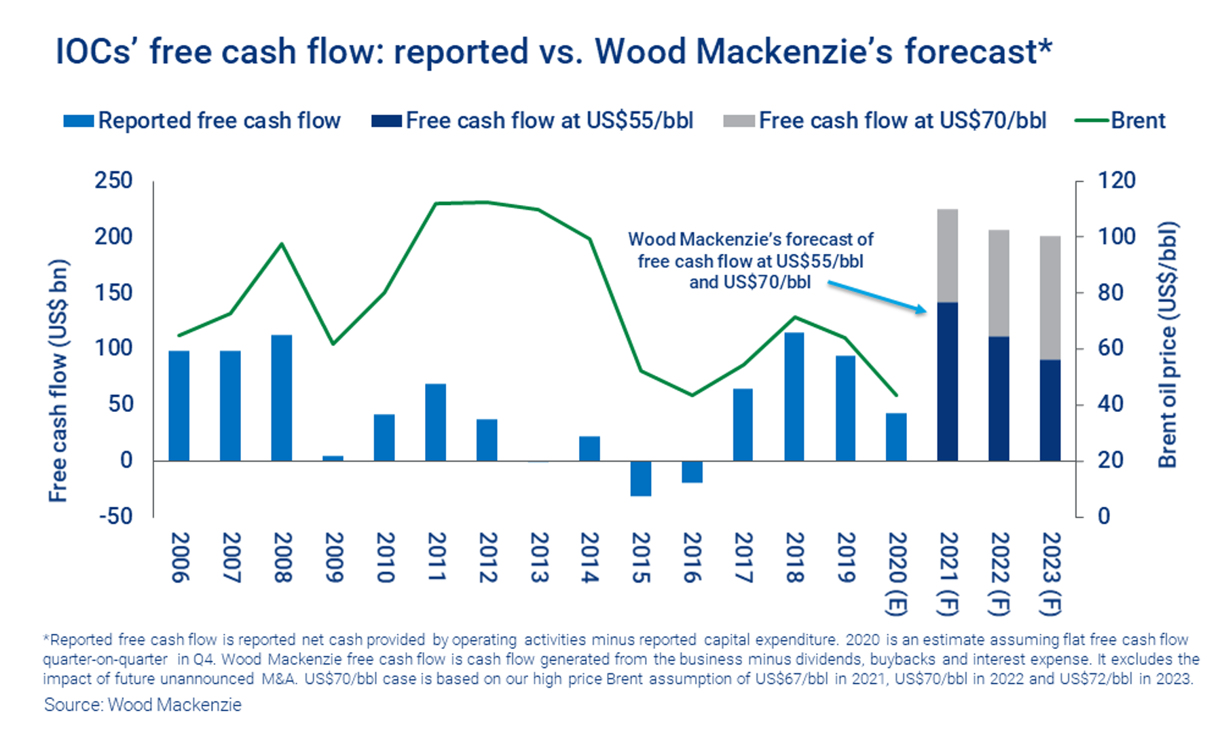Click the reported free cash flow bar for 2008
tap(282, 398)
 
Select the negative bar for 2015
tap(641, 478)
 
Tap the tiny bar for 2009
tap(333, 459)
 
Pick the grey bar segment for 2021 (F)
tap(948, 256)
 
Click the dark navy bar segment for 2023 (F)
tap(1050, 411)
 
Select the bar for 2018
tap(794, 397)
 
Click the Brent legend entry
tap(1120, 121)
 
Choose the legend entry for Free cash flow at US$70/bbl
tap(885, 121)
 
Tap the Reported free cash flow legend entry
tap(202, 121)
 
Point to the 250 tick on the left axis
tap(113, 181)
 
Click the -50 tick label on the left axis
tap(115, 516)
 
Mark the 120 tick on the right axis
tap(1117, 181)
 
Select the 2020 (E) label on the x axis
tap(897, 574)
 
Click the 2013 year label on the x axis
tap(538, 557)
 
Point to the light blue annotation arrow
tap(877, 298)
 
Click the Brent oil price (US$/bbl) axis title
tap(1168, 345)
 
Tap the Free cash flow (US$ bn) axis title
tap(58, 381)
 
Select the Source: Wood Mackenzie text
tap(143, 704)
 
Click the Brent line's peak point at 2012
tap(486, 202)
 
